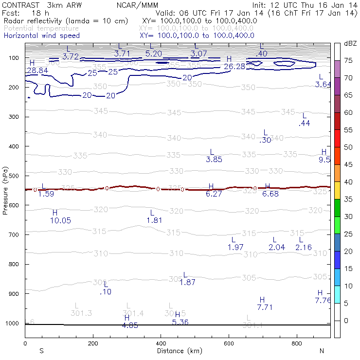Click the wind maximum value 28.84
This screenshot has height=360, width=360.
37,71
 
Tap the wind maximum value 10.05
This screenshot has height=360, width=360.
60,220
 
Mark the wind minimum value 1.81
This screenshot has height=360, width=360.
154,220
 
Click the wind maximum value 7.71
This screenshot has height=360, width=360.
265,307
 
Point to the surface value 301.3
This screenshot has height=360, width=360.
81,312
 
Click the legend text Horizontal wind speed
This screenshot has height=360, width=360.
41,36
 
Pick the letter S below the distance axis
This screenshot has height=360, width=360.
41,351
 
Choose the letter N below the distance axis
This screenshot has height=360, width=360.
322,351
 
